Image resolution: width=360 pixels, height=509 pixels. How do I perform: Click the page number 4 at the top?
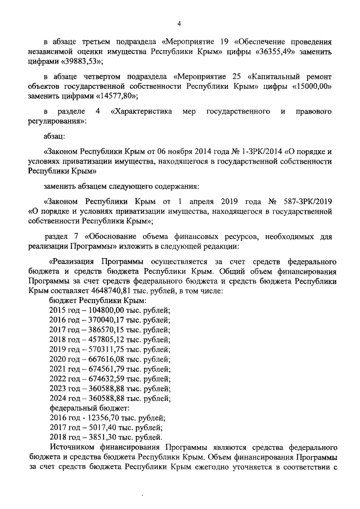179,23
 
